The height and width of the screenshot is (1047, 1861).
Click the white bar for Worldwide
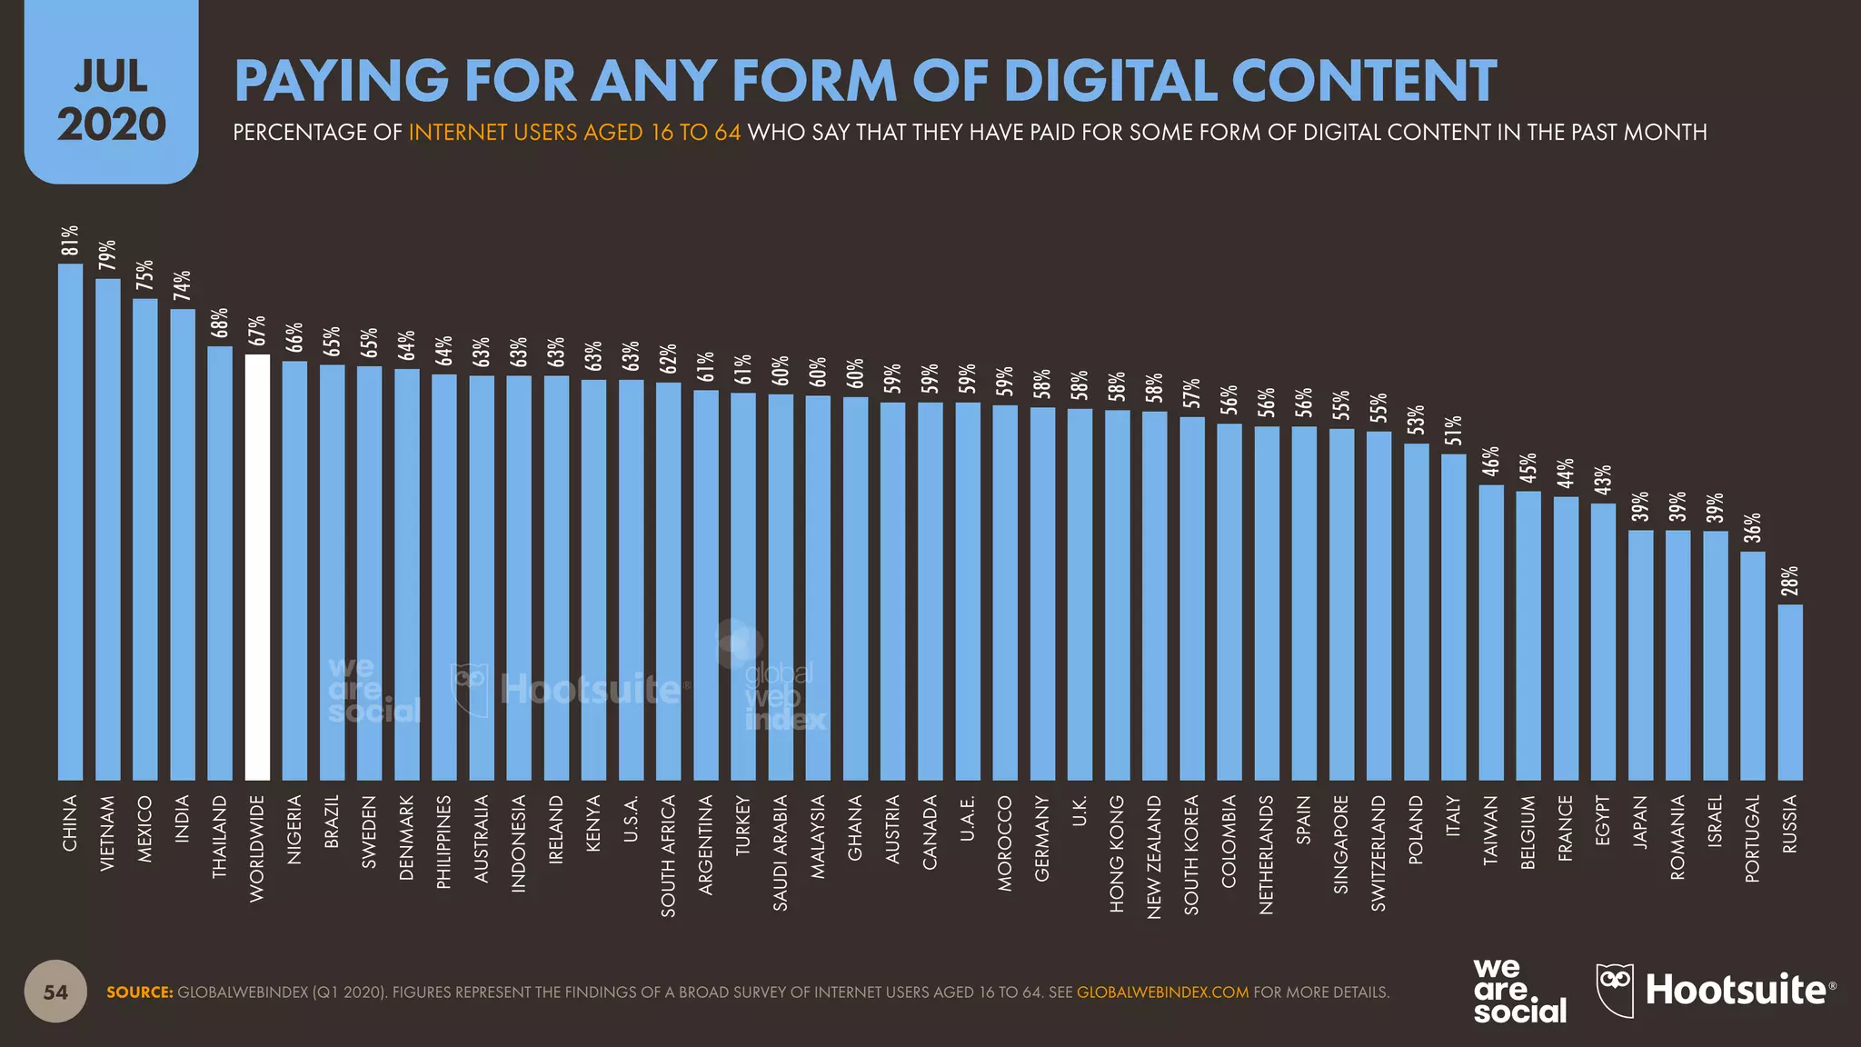[257, 567]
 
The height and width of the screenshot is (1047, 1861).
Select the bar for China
[70, 522]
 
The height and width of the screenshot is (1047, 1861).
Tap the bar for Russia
[1790, 692]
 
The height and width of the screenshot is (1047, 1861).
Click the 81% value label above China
[70, 241]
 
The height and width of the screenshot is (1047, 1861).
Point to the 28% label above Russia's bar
[1790, 582]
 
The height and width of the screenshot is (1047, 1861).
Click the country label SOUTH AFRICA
[668, 855]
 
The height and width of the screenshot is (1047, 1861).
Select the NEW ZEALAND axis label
[1154, 857]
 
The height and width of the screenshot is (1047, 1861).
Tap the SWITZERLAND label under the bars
[1378, 853]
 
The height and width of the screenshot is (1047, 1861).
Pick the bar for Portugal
[1753, 665]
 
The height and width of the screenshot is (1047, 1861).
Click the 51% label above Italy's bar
[1454, 432]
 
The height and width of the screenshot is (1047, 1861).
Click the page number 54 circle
[55, 992]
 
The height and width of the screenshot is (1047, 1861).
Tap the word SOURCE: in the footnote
[139, 992]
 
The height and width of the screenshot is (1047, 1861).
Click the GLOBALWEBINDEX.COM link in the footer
[1162, 992]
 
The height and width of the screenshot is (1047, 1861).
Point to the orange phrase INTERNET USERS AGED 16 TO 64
[574, 133]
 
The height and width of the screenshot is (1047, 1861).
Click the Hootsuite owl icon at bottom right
[1615, 990]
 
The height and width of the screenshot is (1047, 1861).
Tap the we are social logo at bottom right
[1518, 991]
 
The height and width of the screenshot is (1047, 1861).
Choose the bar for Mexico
[145, 539]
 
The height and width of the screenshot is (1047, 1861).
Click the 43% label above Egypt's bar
[1603, 480]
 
